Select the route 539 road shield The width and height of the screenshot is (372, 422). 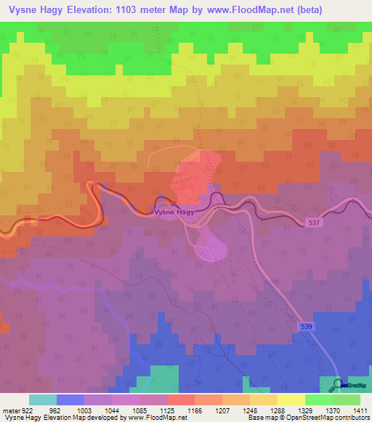tap(306, 328)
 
